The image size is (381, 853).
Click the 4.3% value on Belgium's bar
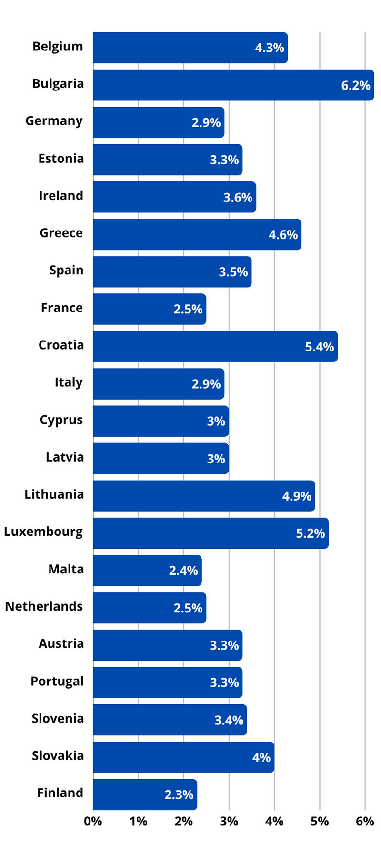[270, 48]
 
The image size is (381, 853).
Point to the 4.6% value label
[283, 234]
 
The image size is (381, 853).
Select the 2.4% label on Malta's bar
[183, 571]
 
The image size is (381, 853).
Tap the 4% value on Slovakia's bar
[261, 757]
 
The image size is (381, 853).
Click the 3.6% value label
[238, 197]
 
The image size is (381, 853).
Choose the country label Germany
[54, 121]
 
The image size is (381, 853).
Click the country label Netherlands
[44, 606]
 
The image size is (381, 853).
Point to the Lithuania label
[54, 494]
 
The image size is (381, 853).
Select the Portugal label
[57, 682]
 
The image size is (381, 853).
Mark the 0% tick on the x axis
[93, 822]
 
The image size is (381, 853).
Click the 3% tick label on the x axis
[229, 822]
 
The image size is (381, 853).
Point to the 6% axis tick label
[365, 822]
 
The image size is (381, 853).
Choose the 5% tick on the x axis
[320, 822]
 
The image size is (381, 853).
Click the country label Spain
[66, 271]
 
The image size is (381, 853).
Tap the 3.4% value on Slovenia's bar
[229, 720]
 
